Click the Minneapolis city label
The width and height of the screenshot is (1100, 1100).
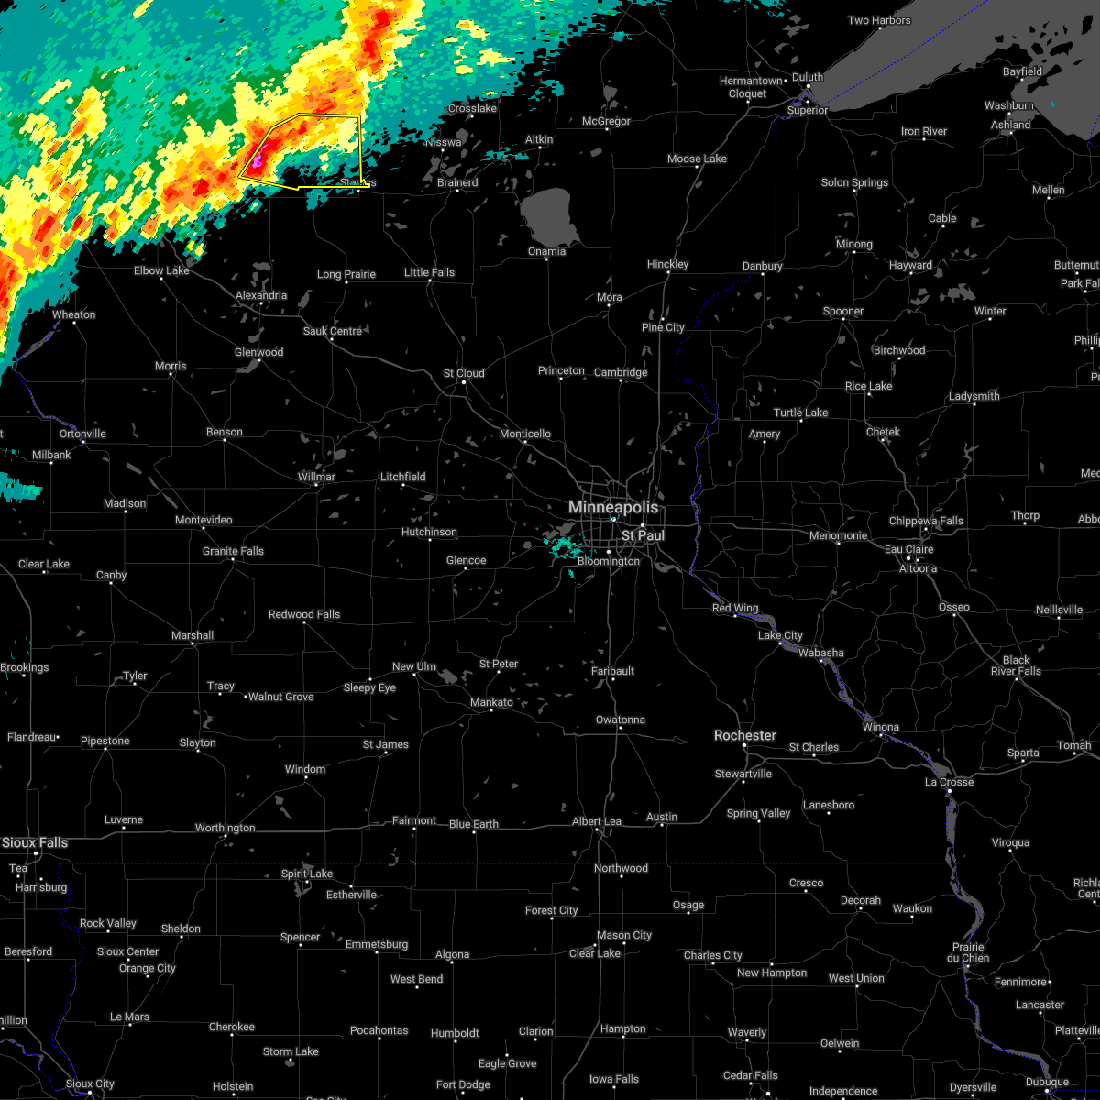point(612,507)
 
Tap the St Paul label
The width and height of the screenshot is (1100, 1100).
point(643,534)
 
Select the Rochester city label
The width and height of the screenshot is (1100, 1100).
point(745,735)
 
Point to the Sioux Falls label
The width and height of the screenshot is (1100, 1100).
point(35,842)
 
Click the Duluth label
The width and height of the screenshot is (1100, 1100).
point(808,77)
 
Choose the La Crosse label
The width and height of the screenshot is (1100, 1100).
point(949,782)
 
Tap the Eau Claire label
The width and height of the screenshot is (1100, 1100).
point(908,549)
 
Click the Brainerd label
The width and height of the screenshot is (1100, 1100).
point(457,182)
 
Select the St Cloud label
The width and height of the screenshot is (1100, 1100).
point(464,373)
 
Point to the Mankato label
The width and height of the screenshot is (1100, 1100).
point(491,702)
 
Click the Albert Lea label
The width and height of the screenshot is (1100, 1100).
point(597,821)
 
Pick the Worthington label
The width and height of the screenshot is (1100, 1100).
point(225,828)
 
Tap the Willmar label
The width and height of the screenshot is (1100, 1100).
point(316,477)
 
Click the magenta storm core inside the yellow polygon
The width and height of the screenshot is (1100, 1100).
point(258,160)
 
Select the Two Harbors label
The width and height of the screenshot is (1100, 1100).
point(879,20)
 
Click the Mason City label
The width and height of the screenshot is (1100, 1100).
point(623,935)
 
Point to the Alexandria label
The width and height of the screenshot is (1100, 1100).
point(261,295)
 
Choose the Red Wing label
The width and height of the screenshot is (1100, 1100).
point(735,608)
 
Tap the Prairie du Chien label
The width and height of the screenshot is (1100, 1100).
point(968,952)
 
